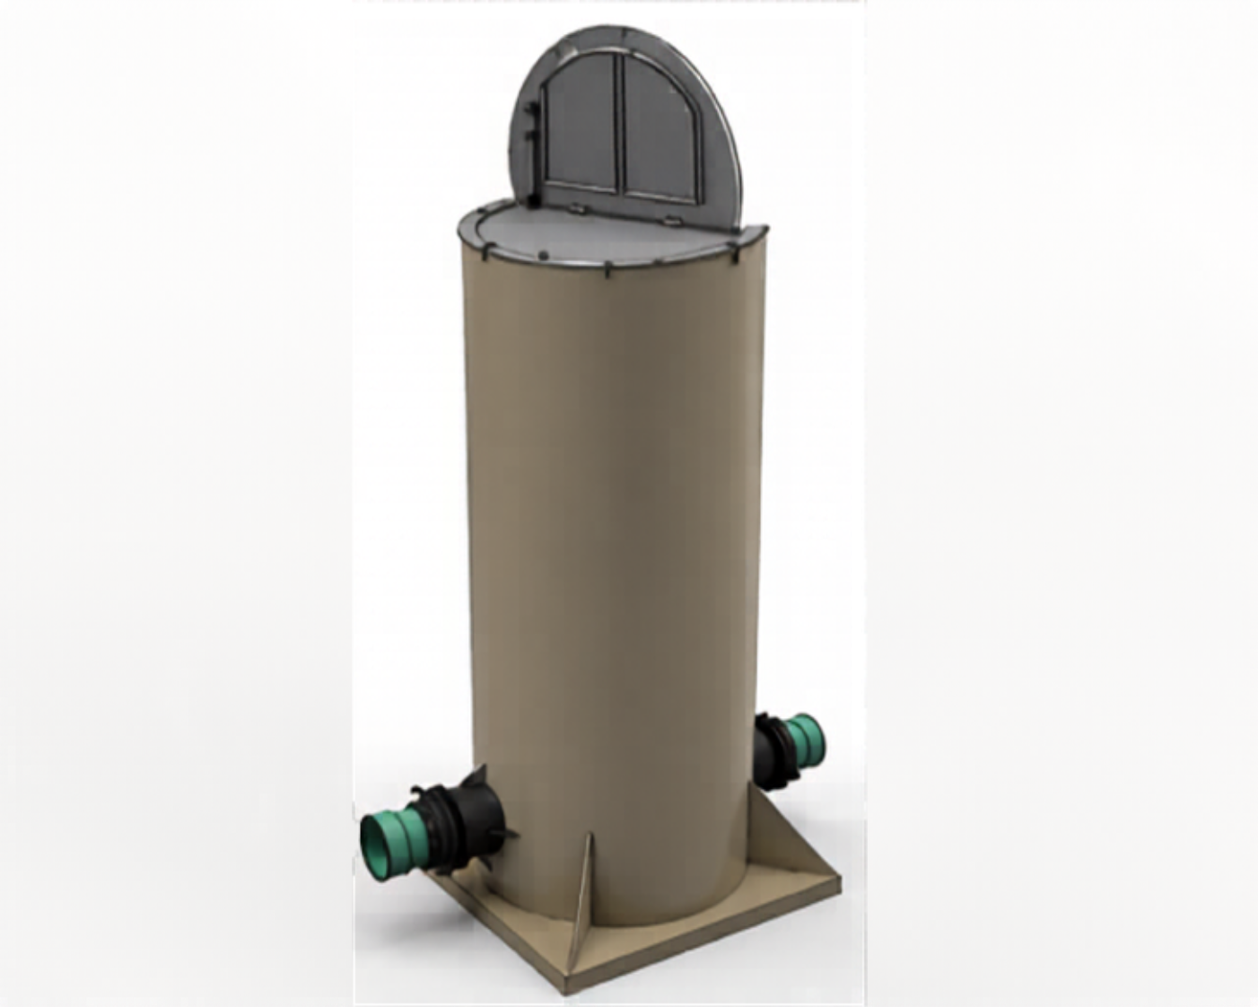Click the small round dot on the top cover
coord(545,254)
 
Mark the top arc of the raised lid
coord(628,36)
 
